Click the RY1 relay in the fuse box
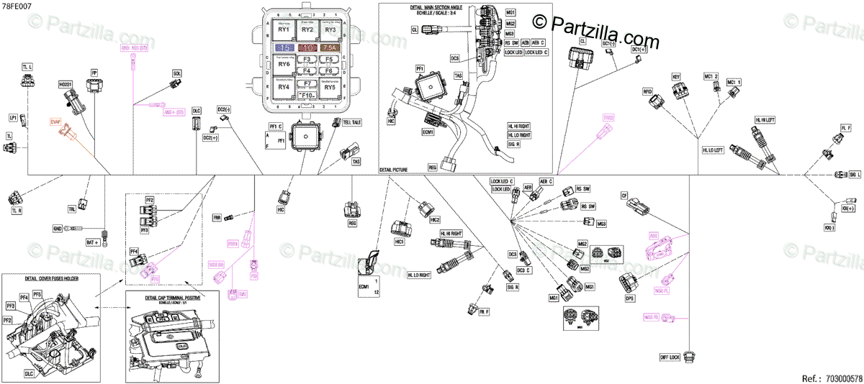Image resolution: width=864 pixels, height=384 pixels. (x=284, y=29)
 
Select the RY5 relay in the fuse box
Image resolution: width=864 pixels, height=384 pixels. (x=330, y=87)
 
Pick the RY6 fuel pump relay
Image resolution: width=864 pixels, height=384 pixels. (x=284, y=64)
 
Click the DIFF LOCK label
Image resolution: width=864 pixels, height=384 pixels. (x=670, y=357)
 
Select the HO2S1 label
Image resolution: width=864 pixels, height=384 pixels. (x=66, y=83)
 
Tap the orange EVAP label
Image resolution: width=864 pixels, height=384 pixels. (x=55, y=122)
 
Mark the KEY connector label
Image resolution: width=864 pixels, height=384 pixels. (x=676, y=76)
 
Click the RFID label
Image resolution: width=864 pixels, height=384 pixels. (x=647, y=91)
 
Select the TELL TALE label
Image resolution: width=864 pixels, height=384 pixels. (x=352, y=122)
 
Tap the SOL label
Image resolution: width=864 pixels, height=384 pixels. (x=177, y=73)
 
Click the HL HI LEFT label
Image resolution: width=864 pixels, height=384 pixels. (x=765, y=119)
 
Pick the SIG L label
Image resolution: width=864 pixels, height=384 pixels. (x=855, y=175)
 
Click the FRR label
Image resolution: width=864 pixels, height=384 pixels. (x=216, y=216)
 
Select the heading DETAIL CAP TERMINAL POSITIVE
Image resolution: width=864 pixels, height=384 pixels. (x=173, y=297)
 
